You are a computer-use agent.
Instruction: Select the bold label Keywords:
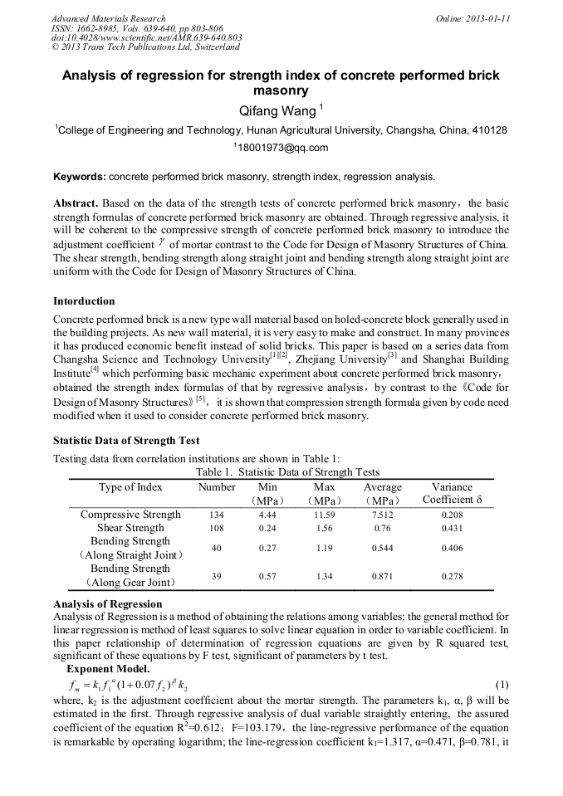coord(80,177)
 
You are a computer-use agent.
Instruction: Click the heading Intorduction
coord(84,300)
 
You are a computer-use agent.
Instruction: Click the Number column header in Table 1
coord(217,487)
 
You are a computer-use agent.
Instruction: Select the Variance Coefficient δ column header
coord(453,494)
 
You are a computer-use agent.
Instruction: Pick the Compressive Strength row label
coord(130,515)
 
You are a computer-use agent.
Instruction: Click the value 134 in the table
coord(217,515)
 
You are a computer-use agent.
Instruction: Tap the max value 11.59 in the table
coord(325,515)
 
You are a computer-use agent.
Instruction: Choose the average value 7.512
coord(382,515)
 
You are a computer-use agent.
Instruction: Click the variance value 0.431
coord(453,529)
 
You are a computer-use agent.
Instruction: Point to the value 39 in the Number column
coord(217,576)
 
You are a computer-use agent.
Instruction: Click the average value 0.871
coord(382,576)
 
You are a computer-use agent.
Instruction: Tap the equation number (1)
coord(501,685)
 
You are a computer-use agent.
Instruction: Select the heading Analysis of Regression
coord(108,603)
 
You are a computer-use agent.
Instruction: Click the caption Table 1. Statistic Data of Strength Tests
coord(286,472)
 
